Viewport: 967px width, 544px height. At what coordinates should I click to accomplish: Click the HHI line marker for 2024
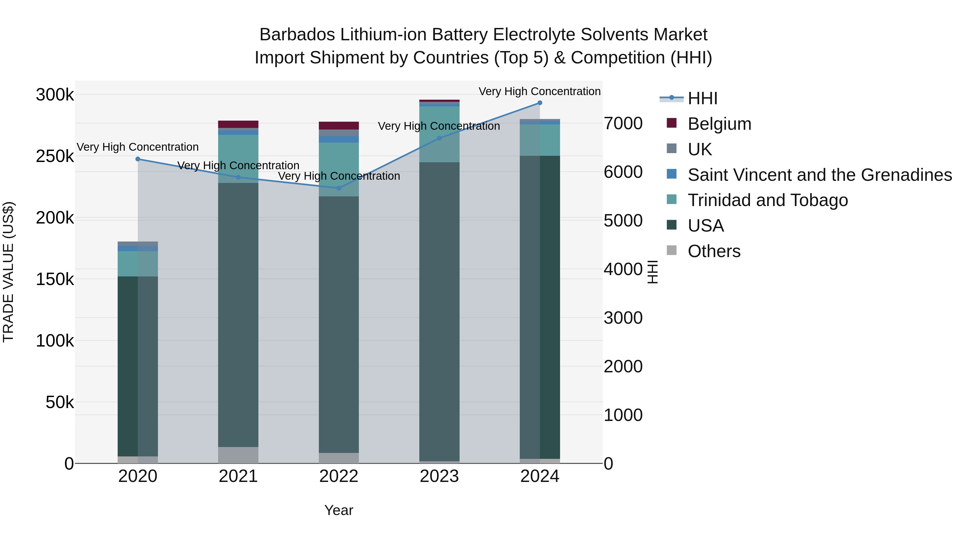pyautogui.click(x=540, y=103)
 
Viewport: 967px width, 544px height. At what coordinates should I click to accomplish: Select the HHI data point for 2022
pyautogui.click(x=339, y=188)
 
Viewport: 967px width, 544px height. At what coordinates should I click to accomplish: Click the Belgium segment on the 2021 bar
pyautogui.click(x=238, y=124)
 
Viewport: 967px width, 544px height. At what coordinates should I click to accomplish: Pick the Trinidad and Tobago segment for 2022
pyautogui.click(x=339, y=169)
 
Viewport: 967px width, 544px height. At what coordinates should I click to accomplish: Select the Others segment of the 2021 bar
pyautogui.click(x=238, y=455)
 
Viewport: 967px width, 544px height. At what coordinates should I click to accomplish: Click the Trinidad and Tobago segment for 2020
pyautogui.click(x=138, y=264)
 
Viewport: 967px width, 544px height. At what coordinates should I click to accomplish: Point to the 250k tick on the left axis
pyautogui.click(x=55, y=156)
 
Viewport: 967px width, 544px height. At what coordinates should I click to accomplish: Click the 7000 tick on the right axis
pyautogui.click(x=623, y=124)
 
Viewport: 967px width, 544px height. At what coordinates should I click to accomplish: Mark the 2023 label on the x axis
pyautogui.click(x=439, y=476)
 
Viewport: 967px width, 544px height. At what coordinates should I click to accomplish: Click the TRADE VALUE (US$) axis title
pyautogui.click(x=8, y=272)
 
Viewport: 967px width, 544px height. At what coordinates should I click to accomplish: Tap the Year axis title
pyautogui.click(x=339, y=510)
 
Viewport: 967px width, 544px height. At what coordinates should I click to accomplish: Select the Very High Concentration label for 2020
pyautogui.click(x=138, y=147)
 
